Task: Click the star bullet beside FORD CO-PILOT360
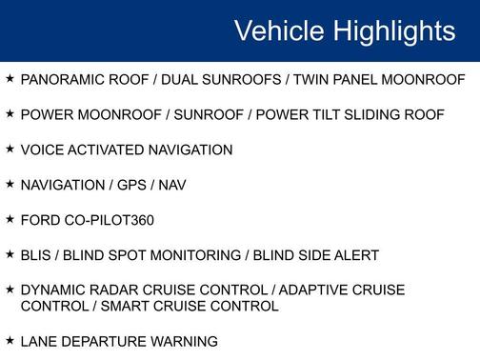point(10,219)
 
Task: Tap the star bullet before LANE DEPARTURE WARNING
point(10,340)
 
